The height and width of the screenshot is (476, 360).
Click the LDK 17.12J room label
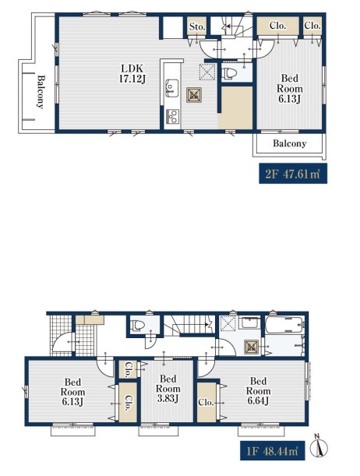(132, 74)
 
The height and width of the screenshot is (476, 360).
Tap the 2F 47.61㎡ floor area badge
(293, 174)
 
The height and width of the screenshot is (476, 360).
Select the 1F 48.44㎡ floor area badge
(272, 450)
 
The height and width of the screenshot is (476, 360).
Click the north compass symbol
(319, 446)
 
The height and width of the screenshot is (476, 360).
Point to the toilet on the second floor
(228, 73)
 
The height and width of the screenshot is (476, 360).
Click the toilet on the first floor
(137, 326)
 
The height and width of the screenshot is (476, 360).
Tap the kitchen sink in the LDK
(171, 88)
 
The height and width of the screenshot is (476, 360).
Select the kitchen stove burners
(172, 115)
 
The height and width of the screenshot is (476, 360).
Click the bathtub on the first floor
(284, 326)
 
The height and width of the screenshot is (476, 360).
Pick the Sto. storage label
(197, 26)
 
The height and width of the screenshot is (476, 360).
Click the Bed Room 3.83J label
(168, 388)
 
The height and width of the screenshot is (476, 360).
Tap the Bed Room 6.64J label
(259, 391)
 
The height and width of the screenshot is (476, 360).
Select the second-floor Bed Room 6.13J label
(290, 88)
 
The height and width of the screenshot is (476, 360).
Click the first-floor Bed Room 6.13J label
(72, 392)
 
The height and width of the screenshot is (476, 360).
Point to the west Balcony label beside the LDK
(40, 92)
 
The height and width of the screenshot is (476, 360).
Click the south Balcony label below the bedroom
(289, 143)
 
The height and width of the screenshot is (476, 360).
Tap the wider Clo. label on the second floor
(277, 26)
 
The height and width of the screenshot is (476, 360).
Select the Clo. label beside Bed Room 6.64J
(206, 403)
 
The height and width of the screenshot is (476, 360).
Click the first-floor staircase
(189, 326)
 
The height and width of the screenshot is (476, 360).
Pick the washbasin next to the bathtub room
(249, 323)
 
